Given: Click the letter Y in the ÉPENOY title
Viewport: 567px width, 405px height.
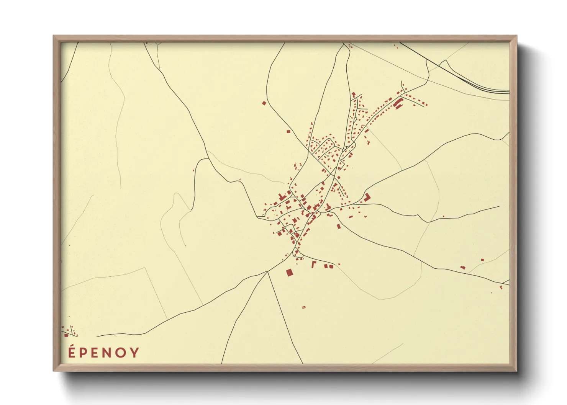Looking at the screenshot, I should [x=134, y=353].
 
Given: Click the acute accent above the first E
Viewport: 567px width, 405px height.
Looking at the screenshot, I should [x=72, y=346].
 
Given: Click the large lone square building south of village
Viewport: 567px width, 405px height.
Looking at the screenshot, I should [x=289, y=272].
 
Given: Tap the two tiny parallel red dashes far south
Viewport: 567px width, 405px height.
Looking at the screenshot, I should [x=304, y=307].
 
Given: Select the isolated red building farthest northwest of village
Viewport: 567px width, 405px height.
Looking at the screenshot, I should [x=264, y=103].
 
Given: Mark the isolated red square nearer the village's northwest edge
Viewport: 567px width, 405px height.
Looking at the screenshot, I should [x=288, y=131].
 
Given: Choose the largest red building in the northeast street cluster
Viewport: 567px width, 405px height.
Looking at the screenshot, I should [x=398, y=102].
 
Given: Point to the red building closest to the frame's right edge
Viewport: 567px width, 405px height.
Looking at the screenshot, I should [x=501, y=286].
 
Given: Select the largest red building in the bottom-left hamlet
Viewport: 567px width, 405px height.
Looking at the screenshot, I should [x=66, y=335].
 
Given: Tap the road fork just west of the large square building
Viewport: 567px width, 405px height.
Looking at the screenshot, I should [x=267, y=272].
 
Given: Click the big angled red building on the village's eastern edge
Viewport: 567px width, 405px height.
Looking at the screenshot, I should [x=367, y=197].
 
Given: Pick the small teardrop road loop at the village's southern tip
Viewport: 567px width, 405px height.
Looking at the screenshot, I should [x=297, y=252].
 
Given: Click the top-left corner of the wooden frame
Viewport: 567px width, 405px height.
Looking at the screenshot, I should [x=54, y=36].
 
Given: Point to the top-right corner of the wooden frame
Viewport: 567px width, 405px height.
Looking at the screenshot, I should [x=516, y=36].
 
